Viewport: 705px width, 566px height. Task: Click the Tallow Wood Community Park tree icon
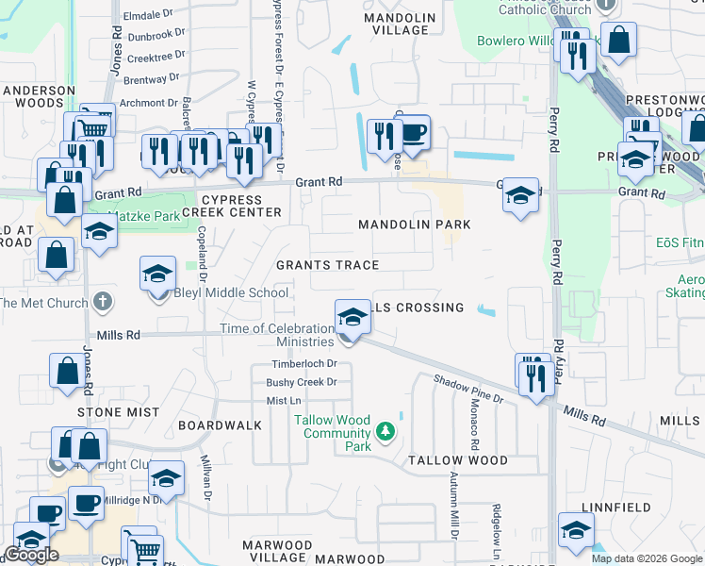[385, 432]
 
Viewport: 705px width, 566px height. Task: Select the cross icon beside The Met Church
[104, 303]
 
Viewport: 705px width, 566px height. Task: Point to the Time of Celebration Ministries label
[277, 335]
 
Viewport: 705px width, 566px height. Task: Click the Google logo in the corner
[31, 555]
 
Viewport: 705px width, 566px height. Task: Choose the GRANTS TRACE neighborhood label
[327, 266]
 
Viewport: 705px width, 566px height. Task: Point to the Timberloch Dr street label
[304, 364]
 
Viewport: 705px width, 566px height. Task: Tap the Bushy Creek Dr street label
[302, 383]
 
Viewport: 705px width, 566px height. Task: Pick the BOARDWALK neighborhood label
[220, 425]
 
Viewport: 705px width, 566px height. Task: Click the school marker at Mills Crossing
[352, 316]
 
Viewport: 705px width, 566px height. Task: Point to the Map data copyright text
[647, 558]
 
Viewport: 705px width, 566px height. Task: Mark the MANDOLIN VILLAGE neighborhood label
[400, 24]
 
